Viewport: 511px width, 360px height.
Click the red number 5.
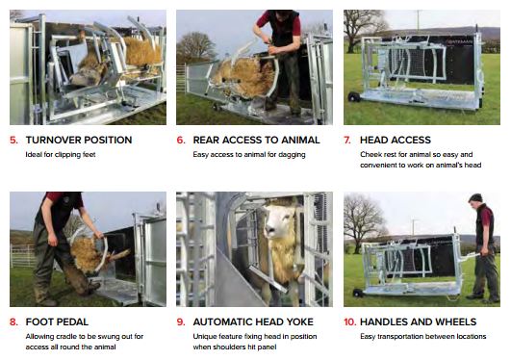click(x=13, y=141)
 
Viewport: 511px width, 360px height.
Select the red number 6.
click(x=181, y=141)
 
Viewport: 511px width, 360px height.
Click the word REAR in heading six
click(x=205, y=141)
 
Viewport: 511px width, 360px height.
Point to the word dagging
click(x=292, y=155)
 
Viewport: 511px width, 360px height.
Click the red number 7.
click(x=347, y=141)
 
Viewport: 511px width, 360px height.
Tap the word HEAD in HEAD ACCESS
click(x=372, y=141)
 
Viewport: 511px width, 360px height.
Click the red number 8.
click(x=13, y=322)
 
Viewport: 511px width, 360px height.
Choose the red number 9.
click(x=181, y=322)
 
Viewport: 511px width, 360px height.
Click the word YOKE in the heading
click(x=300, y=322)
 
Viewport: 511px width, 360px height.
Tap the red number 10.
click(x=350, y=322)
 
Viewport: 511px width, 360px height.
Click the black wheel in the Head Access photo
click(x=352, y=97)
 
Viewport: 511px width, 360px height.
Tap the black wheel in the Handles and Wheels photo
click(x=358, y=293)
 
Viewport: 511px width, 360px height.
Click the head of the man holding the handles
click(x=475, y=198)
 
